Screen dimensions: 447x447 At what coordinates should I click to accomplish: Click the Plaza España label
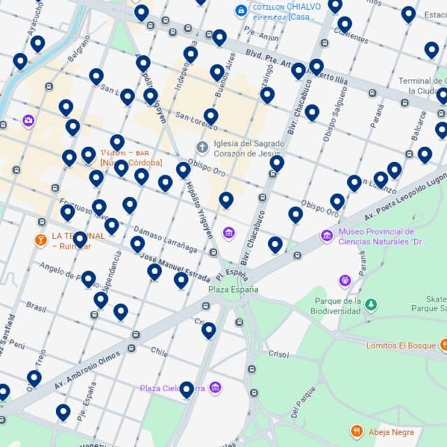coord(233,289)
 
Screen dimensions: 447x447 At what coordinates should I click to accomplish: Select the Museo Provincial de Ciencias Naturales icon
coord(326,236)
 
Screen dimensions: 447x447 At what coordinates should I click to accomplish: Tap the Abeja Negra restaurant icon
coord(357,432)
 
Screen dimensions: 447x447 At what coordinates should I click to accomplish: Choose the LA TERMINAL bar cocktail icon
coord(41,240)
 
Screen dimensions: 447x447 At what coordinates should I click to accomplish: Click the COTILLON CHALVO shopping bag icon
coord(241,10)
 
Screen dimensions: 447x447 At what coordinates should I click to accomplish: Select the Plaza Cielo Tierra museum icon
coord(215,387)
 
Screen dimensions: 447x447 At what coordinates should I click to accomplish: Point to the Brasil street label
coord(36,306)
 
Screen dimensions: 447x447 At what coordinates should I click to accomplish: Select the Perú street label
coord(17,345)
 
